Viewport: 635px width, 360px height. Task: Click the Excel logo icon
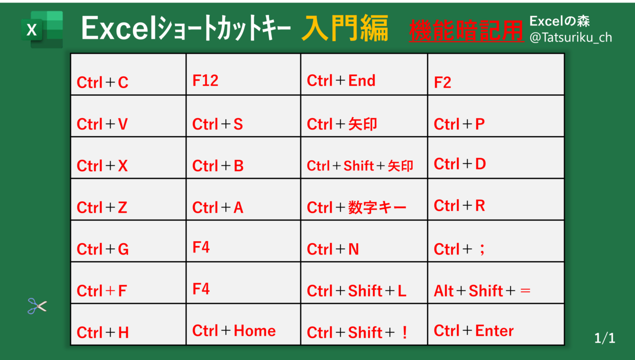pyautogui.click(x=42, y=30)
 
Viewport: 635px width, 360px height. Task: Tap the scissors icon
pyautogui.click(x=37, y=306)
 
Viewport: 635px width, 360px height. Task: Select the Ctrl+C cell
pyautogui.click(x=129, y=74)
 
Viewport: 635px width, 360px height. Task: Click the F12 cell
pyautogui.click(x=243, y=74)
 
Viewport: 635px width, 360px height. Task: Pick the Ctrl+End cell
pyautogui.click(x=364, y=74)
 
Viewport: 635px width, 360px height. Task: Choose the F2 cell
pyautogui.click(x=496, y=74)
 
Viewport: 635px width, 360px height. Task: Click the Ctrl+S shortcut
pyautogui.click(x=218, y=124)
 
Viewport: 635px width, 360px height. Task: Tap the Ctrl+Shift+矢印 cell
pyautogui.click(x=364, y=158)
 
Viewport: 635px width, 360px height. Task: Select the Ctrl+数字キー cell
pyautogui.click(x=364, y=199)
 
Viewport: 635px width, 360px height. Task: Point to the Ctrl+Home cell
pyautogui.click(x=243, y=324)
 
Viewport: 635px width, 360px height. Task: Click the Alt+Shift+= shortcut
pyautogui.click(x=482, y=291)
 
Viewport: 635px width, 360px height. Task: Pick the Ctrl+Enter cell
pyautogui.click(x=496, y=324)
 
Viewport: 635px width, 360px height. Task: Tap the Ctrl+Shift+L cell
pyautogui.click(x=364, y=283)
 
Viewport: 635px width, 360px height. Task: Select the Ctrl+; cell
pyautogui.click(x=496, y=241)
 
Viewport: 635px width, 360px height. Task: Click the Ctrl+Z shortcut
pyautogui.click(x=102, y=207)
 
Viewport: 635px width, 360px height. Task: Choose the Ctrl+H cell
pyautogui.click(x=129, y=324)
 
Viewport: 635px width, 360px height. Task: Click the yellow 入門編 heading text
pyautogui.click(x=345, y=28)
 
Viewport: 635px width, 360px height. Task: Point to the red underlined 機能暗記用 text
pyautogui.click(x=467, y=31)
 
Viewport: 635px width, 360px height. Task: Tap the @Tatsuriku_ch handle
pyautogui.click(x=570, y=38)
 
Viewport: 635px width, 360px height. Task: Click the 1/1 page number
pyautogui.click(x=604, y=338)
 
